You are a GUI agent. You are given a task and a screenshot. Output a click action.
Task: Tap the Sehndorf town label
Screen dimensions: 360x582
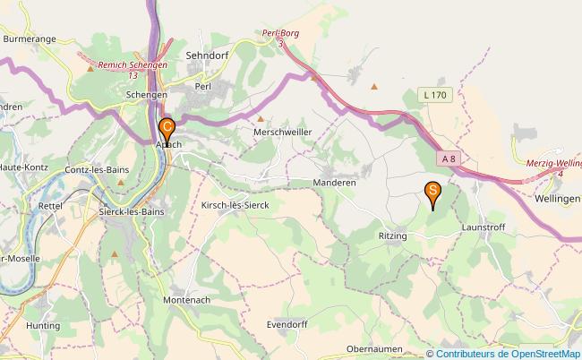(207, 55)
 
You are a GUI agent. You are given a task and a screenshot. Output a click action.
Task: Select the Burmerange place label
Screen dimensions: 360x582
(30, 40)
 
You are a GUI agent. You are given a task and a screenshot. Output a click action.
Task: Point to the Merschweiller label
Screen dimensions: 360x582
(284, 131)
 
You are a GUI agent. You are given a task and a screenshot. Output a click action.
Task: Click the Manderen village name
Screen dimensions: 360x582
(335, 182)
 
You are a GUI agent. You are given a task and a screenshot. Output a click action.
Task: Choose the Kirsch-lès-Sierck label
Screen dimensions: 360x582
(235, 205)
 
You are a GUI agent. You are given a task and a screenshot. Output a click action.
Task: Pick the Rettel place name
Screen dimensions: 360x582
(48, 205)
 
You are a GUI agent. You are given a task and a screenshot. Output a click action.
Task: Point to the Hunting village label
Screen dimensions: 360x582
(43, 326)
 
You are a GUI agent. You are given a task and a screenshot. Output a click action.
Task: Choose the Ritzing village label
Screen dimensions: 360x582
(392, 236)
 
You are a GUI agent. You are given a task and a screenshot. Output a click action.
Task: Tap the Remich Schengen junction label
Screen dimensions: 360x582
(133, 70)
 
